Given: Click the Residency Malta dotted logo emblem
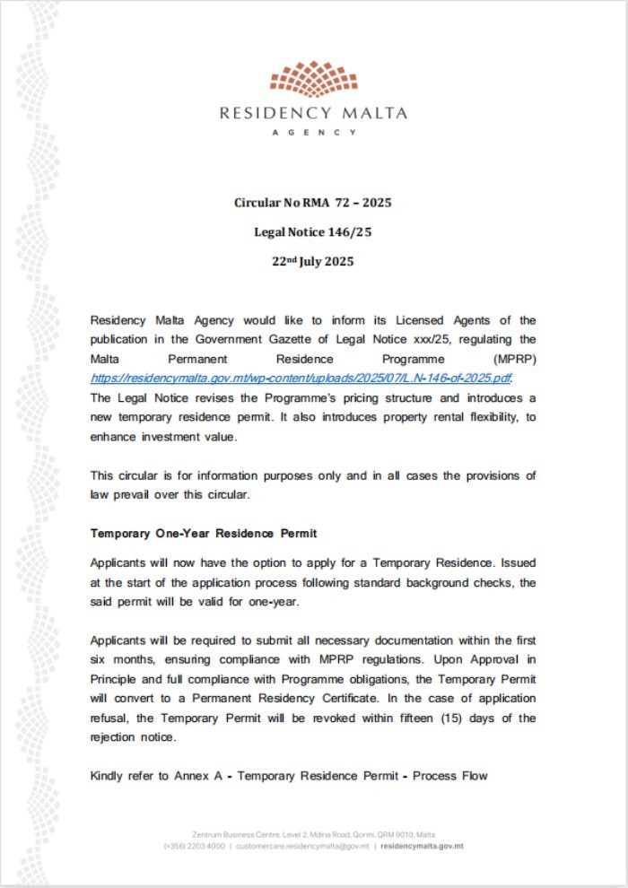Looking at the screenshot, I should [x=313, y=81].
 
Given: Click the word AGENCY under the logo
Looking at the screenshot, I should [x=313, y=132].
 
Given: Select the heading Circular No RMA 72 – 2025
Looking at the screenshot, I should [x=313, y=203].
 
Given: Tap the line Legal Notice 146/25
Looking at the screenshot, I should [x=313, y=232].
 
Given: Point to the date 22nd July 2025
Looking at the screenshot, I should [x=313, y=262].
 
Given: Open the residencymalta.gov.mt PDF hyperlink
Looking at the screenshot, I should [x=301, y=379].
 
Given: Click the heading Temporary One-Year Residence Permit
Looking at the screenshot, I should [x=204, y=534].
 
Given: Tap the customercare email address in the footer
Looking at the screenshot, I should [x=302, y=846].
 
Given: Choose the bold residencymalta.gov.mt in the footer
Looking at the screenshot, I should [x=422, y=846].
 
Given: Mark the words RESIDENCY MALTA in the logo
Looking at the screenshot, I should [x=313, y=114].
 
